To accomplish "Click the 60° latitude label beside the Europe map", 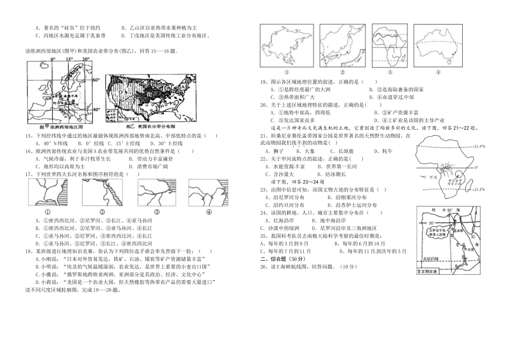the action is pyautogui.click(x=97, y=80).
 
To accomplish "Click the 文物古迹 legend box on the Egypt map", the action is pyautogui.click(x=427, y=272).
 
